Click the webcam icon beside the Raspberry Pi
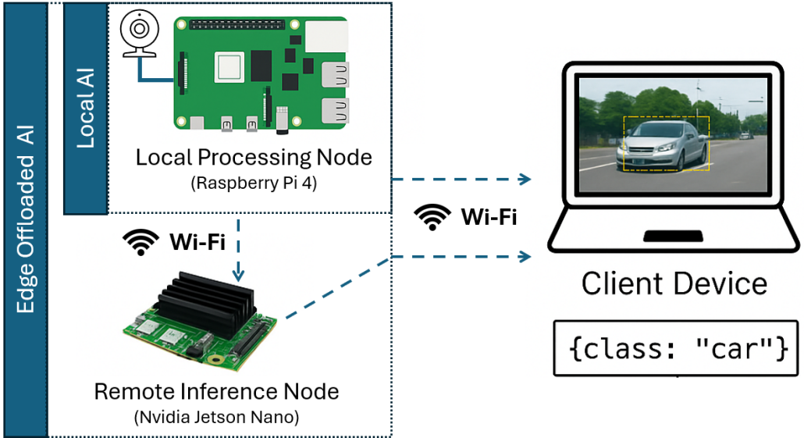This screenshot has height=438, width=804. click(139, 35)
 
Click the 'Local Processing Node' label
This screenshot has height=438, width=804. click(254, 157)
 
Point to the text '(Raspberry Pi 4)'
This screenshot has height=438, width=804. click(254, 185)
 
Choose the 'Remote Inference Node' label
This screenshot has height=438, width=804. click(216, 390)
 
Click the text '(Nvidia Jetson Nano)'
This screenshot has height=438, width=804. click(216, 416)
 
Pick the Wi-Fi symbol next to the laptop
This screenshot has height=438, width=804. click(432, 217)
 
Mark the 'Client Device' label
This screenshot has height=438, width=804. click(674, 283)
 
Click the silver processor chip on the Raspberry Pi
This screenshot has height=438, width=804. click(233, 65)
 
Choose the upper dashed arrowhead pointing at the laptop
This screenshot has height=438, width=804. click(523, 180)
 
